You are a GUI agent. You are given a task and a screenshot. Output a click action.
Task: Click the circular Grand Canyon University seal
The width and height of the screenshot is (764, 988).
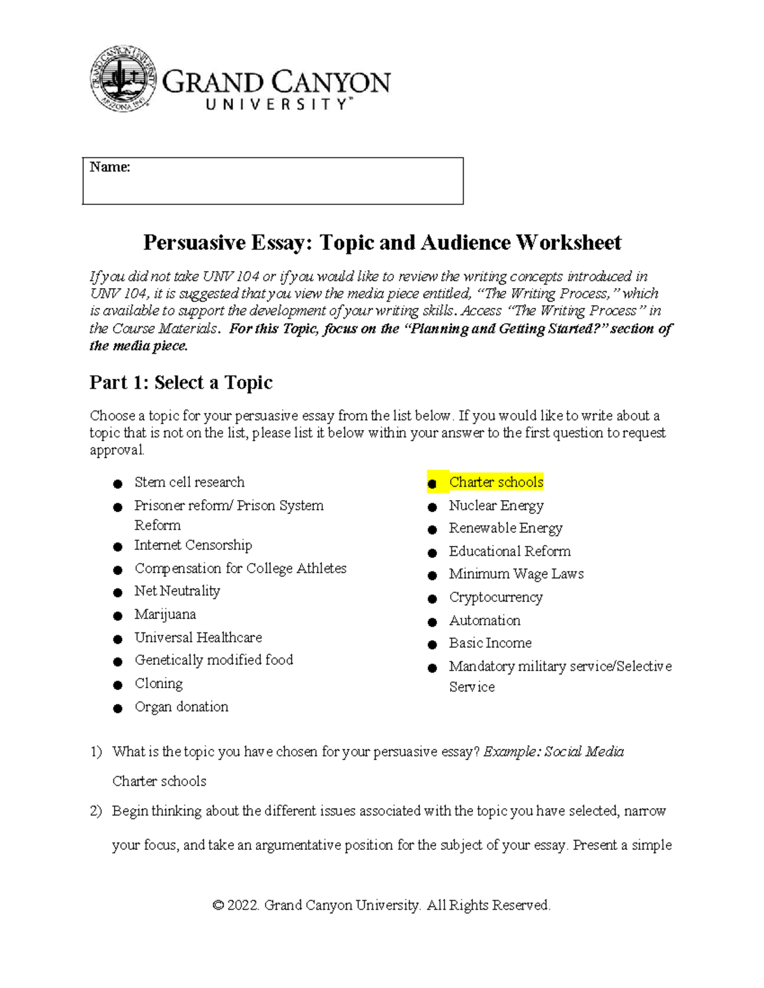[x=122, y=79]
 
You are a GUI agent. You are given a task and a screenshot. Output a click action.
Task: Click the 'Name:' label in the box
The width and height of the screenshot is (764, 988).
[x=110, y=167]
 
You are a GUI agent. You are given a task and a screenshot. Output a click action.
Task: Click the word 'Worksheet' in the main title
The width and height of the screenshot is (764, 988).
[x=568, y=242]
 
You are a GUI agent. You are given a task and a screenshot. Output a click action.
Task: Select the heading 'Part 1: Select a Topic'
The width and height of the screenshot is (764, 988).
[x=181, y=382]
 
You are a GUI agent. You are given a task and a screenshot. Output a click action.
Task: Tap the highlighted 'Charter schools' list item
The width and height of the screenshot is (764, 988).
[x=496, y=482]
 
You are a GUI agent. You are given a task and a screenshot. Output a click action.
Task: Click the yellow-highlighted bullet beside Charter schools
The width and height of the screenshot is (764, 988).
[x=432, y=484]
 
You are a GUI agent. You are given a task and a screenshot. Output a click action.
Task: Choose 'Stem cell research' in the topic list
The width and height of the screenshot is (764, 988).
[x=189, y=482]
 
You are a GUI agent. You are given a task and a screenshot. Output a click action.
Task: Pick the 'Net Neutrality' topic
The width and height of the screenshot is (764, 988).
[x=177, y=591]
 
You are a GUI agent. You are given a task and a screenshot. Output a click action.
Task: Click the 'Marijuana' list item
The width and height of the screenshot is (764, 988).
[x=165, y=615]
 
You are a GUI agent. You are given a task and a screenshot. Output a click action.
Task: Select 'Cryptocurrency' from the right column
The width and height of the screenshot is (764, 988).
[x=495, y=597]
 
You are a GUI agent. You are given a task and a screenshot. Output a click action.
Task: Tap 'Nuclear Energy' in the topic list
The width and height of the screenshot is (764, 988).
[x=496, y=506]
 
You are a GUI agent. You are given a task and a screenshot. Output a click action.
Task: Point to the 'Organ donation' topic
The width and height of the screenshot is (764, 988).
[x=181, y=707]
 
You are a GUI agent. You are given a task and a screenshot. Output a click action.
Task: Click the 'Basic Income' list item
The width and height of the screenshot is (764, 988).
[x=490, y=643]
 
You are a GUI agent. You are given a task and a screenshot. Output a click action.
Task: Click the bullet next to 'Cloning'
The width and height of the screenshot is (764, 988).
[x=118, y=685]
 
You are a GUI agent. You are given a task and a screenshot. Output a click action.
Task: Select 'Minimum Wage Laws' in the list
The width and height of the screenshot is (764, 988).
[x=516, y=574]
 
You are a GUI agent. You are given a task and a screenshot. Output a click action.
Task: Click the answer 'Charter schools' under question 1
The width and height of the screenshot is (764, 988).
[x=159, y=781]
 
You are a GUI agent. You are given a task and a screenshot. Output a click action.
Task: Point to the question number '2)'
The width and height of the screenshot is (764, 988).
[x=95, y=811]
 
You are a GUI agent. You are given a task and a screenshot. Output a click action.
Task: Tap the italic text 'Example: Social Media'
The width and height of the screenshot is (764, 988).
[x=553, y=752]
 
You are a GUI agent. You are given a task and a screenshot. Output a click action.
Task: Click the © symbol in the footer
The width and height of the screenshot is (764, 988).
[x=218, y=905]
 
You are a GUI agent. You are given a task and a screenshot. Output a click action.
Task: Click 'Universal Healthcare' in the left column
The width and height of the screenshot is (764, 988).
[x=198, y=637]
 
